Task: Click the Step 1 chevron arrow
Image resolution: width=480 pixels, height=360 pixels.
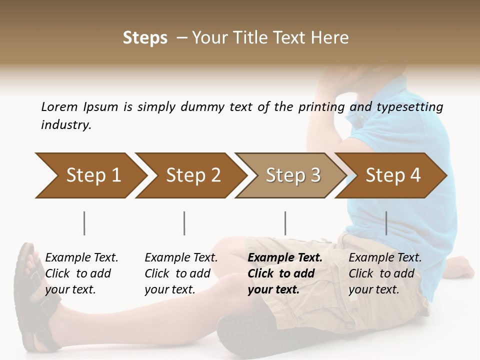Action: coord(90,175)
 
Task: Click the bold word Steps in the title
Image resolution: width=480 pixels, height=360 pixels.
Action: coord(145,37)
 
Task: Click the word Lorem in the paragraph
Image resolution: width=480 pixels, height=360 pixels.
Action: coord(59,107)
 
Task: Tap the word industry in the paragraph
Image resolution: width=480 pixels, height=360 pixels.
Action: coord(66,125)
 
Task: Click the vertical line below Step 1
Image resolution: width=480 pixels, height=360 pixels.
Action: coord(84,223)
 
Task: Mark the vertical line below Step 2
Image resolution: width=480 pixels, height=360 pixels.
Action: coord(184,223)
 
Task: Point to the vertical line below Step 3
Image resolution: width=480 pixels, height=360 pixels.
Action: coord(285,223)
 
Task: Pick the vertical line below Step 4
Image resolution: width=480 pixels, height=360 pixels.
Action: coord(386,223)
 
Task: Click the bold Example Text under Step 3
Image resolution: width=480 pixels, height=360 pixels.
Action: coord(285,258)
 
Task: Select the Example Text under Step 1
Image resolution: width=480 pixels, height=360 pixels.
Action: coord(81,258)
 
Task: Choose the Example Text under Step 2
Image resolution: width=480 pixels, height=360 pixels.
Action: coord(181,258)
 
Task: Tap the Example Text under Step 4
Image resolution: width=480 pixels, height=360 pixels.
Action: coord(385,258)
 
